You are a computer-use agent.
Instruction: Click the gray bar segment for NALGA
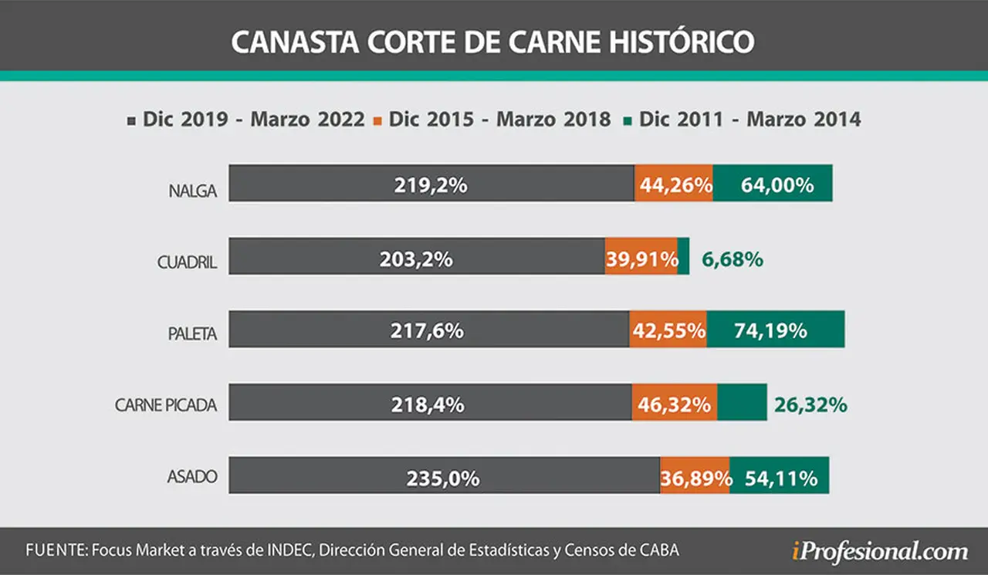(431, 183)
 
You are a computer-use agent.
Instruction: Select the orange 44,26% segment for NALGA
(674, 183)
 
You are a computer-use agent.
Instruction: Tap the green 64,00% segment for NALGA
(773, 183)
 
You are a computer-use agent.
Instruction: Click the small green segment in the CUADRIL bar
(683, 256)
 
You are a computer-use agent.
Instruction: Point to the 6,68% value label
(733, 259)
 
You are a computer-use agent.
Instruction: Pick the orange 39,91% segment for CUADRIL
(641, 256)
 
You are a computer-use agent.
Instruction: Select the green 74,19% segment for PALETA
(776, 330)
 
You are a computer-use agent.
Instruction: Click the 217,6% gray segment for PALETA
(429, 330)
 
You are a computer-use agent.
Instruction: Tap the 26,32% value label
(810, 404)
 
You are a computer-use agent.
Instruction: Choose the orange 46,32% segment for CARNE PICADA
(675, 402)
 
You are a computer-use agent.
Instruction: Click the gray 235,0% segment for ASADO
(445, 475)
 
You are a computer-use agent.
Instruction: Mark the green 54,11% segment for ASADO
(780, 475)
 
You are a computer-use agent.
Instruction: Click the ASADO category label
(192, 477)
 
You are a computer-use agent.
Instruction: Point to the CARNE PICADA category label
(166, 405)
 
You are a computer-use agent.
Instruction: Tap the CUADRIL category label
(187, 262)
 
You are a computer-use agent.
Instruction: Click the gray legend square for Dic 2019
(131, 121)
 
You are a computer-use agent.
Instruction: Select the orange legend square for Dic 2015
(377, 121)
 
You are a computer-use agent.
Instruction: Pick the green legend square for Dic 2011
(628, 121)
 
